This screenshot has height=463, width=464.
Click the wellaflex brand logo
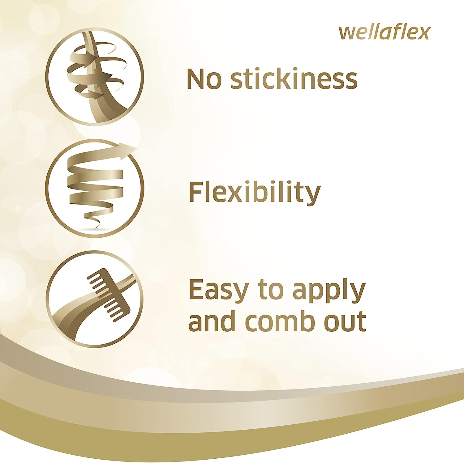click(385, 32)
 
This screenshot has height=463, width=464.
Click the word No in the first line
click(204, 79)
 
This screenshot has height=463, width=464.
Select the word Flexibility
click(254, 193)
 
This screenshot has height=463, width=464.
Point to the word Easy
click(218, 291)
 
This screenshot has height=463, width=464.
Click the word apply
click(329, 292)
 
